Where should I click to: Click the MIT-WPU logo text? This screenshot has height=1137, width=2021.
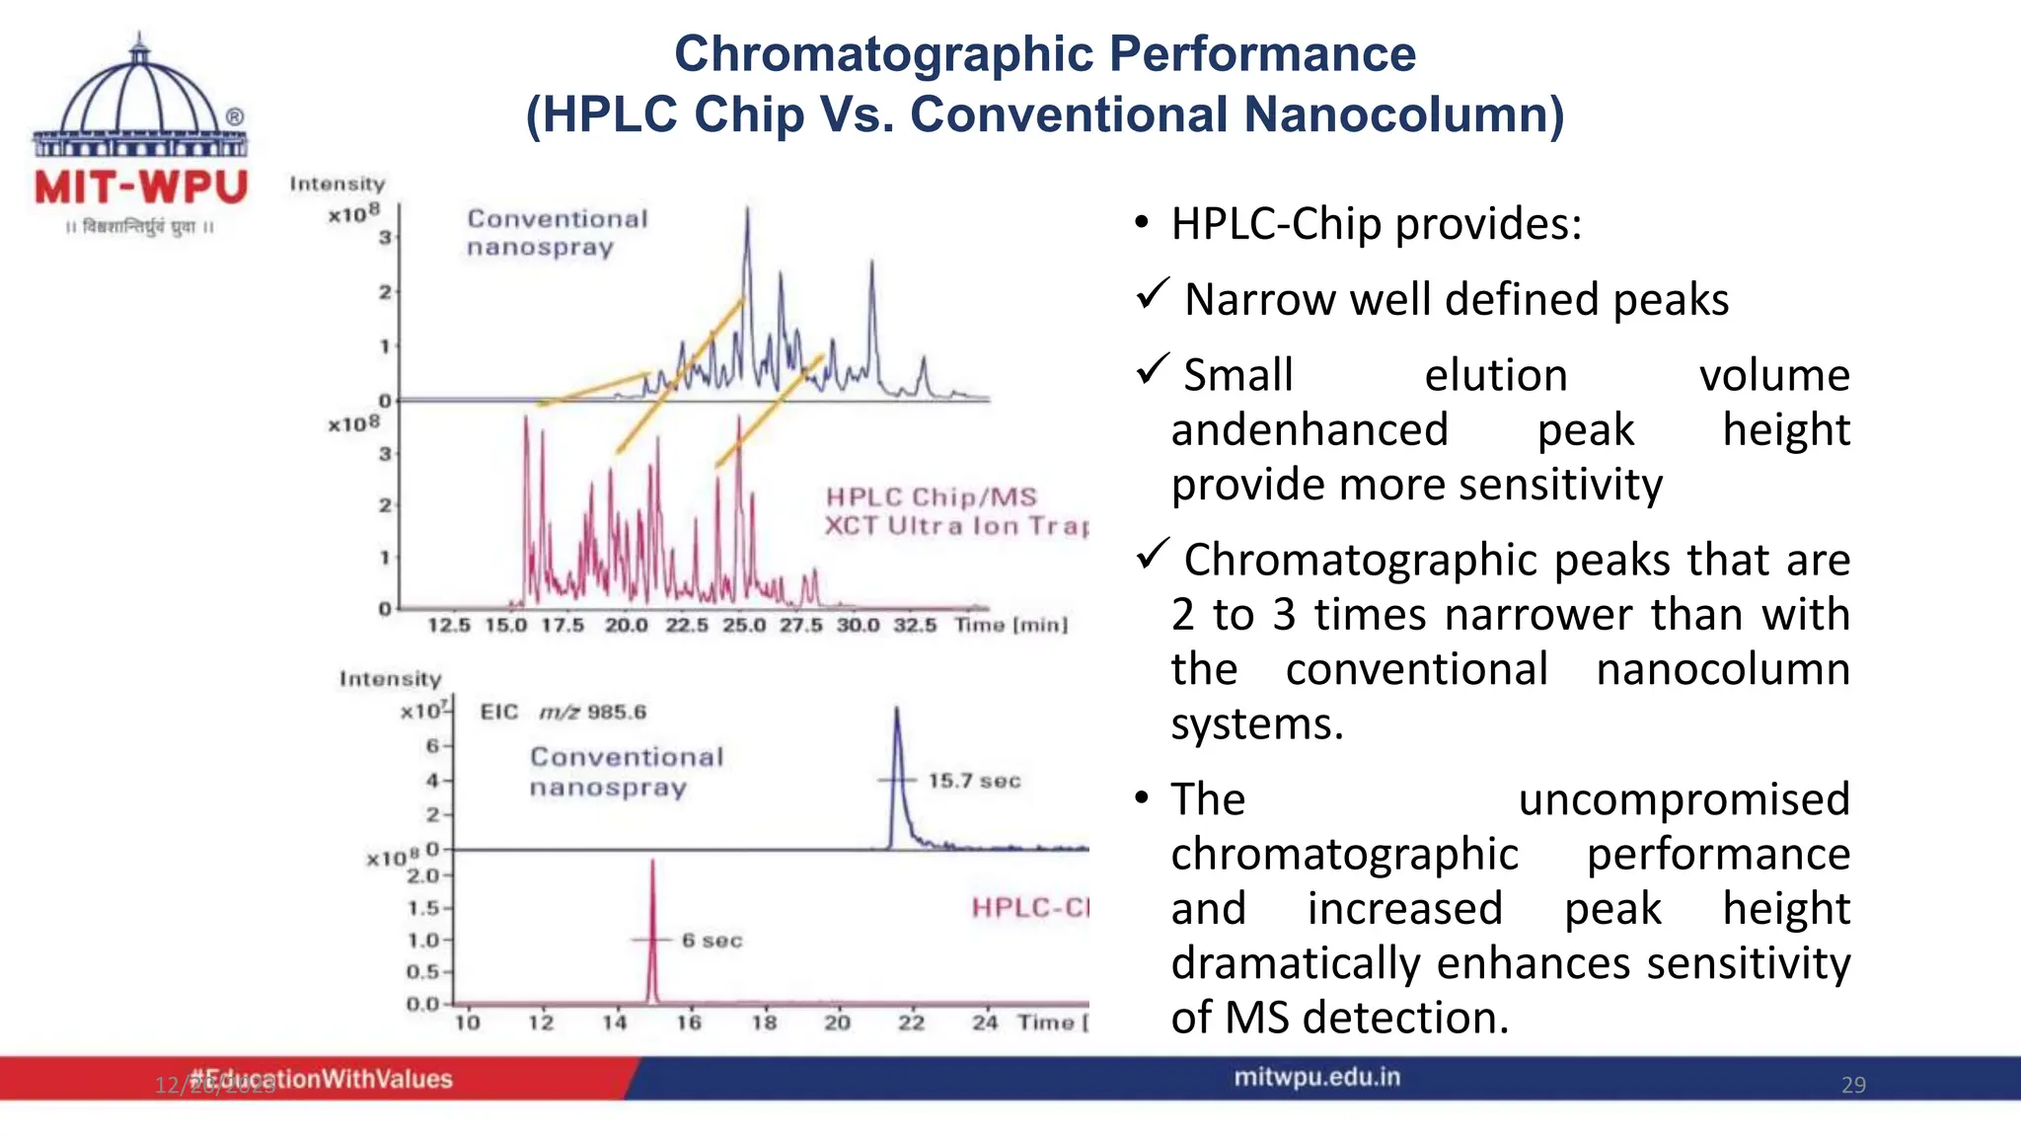(140, 187)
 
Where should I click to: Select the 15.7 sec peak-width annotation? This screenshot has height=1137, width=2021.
(973, 781)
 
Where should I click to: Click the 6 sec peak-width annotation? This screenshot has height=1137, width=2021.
(711, 941)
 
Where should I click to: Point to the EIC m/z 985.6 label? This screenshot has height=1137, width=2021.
(562, 712)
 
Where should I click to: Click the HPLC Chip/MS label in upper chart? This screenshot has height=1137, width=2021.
(932, 496)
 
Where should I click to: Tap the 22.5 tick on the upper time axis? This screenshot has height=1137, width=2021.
(687, 625)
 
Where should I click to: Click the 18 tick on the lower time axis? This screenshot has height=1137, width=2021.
(764, 1023)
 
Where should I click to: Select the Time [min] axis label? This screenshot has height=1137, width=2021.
(1010, 625)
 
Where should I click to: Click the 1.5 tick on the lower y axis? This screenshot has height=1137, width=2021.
(424, 907)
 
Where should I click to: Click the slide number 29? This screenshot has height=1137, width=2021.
(1853, 1085)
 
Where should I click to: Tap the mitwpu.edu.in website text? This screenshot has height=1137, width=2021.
(1316, 1077)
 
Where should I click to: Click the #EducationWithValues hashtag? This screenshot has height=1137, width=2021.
(321, 1079)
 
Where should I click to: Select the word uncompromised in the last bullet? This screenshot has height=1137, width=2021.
(1684, 798)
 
